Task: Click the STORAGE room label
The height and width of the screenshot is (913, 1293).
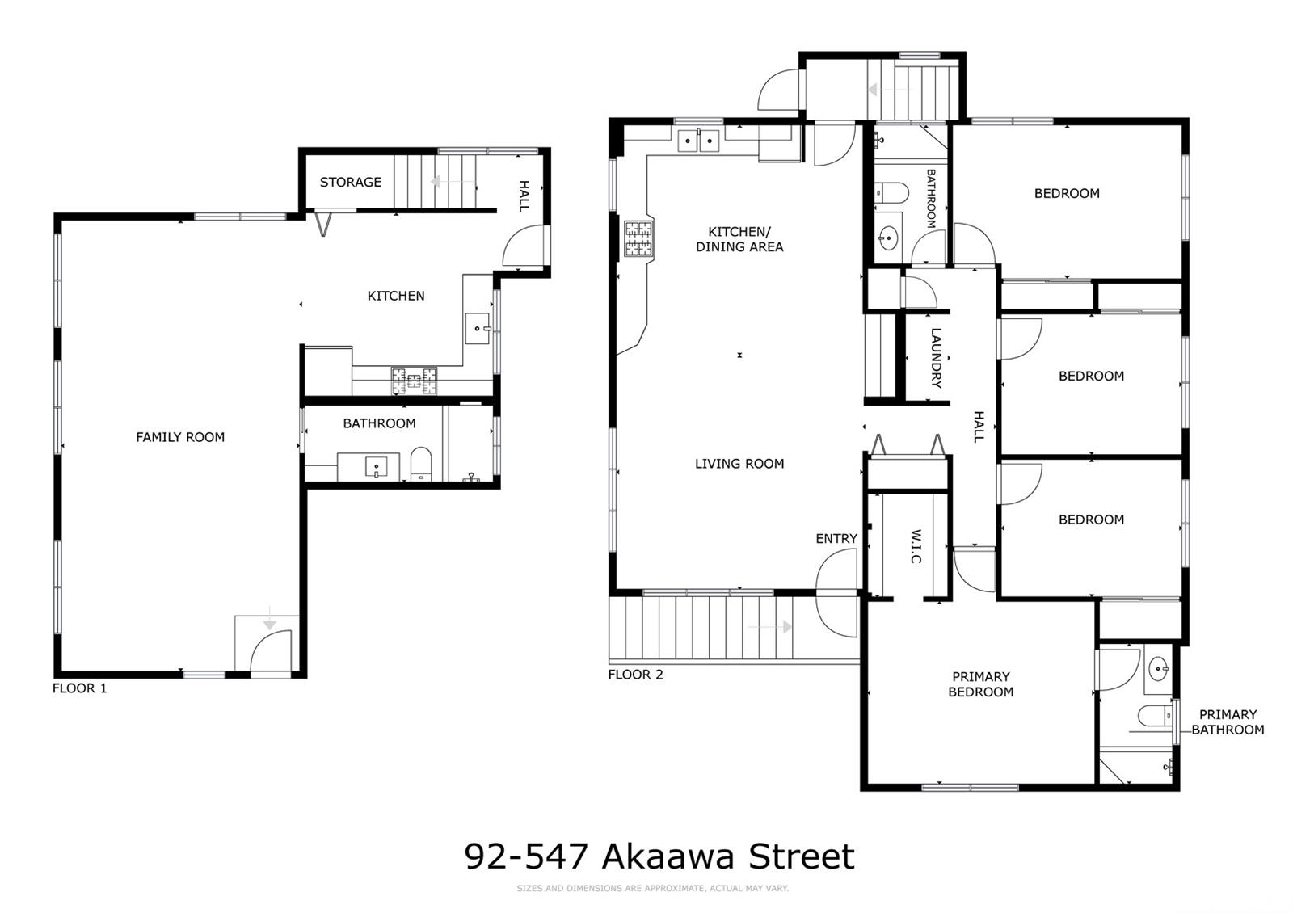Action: (351, 183)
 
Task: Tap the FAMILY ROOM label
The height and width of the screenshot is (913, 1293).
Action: (180, 437)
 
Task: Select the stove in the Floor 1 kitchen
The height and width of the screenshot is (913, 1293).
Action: (414, 381)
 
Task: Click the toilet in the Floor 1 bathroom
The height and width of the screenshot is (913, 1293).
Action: (421, 464)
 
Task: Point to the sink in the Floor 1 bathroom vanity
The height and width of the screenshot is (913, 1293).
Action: (377, 466)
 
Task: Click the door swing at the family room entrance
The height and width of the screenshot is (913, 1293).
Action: (271, 651)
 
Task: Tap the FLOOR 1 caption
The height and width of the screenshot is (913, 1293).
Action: (80, 688)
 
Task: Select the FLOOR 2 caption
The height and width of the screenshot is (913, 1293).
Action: (635, 675)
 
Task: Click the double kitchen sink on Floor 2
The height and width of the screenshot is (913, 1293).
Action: (698, 141)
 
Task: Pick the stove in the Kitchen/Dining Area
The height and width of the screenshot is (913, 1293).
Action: (639, 238)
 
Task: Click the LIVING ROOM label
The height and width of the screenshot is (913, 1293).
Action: (739, 464)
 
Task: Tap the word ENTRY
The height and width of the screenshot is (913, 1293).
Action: (836, 539)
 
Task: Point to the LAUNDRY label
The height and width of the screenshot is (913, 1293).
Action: (937, 358)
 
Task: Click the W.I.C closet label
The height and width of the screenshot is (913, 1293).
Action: (916, 546)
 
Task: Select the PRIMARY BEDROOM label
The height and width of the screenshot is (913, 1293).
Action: (981, 684)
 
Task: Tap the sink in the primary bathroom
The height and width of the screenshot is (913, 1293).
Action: (1159, 670)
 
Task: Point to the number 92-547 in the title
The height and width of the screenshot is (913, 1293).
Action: (526, 856)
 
